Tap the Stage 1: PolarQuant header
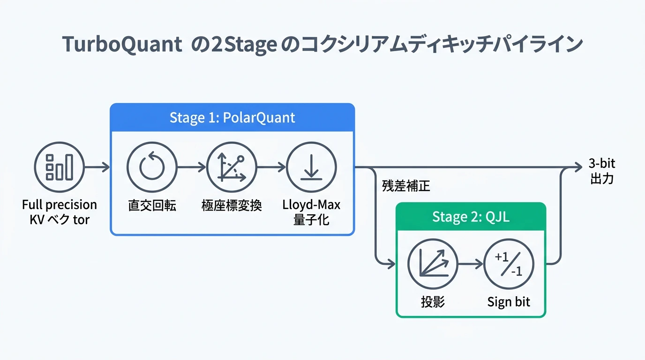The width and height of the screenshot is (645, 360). pyautogui.click(x=232, y=117)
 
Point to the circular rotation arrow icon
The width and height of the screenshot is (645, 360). pyautogui.click(x=152, y=167)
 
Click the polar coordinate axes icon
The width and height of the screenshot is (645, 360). pyautogui.click(x=232, y=167)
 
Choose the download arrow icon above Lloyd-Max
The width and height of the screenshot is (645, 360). pyautogui.click(x=311, y=167)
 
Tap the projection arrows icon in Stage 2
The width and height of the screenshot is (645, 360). pyautogui.click(x=433, y=264)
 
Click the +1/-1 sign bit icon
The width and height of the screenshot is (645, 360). pyautogui.click(x=509, y=264)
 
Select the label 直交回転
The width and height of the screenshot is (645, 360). pyautogui.click(x=152, y=205)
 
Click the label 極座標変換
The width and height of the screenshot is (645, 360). pyautogui.click(x=232, y=205)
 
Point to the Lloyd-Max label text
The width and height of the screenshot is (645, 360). pyautogui.click(x=311, y=205)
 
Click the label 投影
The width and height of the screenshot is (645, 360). pyautogui.click(x=433, y=302)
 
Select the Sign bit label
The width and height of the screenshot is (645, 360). pyautogui.click(x=509, y=302)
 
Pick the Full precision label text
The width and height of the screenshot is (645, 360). pyautogui.click(x=59, y=205)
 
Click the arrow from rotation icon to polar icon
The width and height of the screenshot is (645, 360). pyautogui.click(x=192, y=167)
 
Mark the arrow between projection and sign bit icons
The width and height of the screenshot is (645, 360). pyautogui.click(x=471, y=264)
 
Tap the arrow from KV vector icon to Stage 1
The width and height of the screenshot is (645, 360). pyautogui.click(x=97, y=167)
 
